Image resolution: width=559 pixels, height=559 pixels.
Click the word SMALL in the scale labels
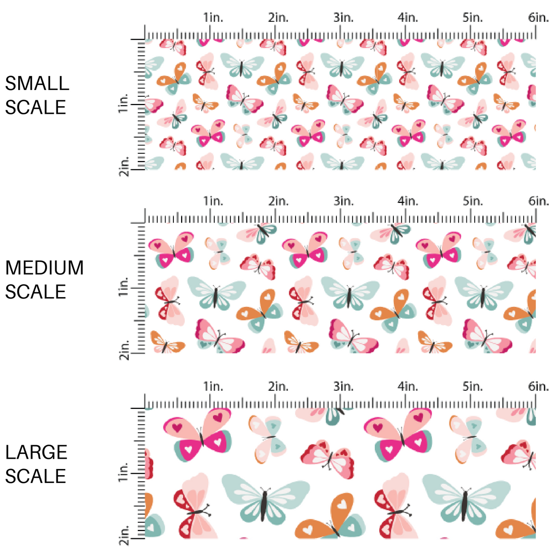(x=37, y=83)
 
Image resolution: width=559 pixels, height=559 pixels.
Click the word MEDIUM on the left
(x=44, y=268)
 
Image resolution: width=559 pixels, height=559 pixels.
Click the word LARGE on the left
(x=37, y=452)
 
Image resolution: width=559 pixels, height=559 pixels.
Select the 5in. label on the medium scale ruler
(x=473, y=201)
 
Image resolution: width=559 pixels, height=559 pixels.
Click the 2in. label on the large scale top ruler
(x=278, y=386)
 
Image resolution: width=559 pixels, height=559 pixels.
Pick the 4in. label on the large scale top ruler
(x=408, y=386)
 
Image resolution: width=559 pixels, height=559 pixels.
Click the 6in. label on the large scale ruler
(x=538, y=386)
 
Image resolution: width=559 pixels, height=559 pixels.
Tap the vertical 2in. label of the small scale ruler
(x=124, y=167)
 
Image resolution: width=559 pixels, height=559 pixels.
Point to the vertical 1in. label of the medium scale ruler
(x=124, y=287)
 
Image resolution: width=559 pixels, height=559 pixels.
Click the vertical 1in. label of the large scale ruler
(x=124, y=472)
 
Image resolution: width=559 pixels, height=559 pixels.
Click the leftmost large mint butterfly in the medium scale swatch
(x=216, y=292)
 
